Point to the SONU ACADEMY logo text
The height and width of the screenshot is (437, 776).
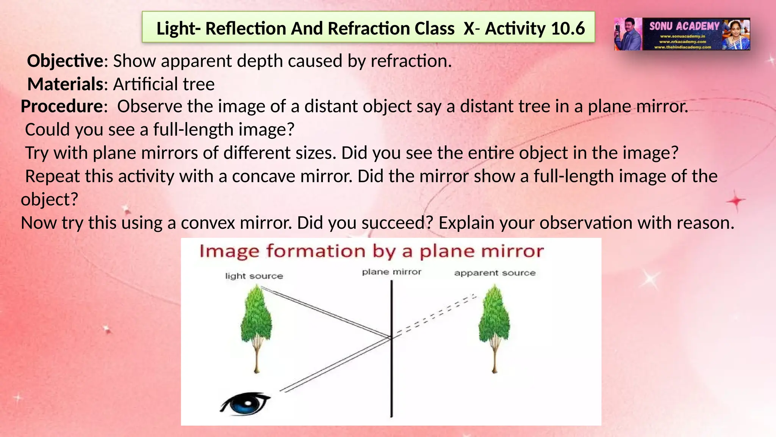[684, 26]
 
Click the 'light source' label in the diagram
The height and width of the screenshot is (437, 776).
[254, 276]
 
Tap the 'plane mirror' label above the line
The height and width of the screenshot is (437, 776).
[391, 272]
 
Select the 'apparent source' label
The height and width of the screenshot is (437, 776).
[494, 273]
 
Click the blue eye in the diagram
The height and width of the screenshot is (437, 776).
[246, 404]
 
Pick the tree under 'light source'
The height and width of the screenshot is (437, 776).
[257, 326]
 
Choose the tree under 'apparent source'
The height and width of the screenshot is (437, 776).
[494, 326]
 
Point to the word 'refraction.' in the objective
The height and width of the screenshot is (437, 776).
[411, 61]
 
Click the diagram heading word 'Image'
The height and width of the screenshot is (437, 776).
[229, 252]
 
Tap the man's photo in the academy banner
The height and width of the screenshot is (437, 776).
[628, 34]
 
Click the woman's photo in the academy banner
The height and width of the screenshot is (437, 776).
[736, 34]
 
